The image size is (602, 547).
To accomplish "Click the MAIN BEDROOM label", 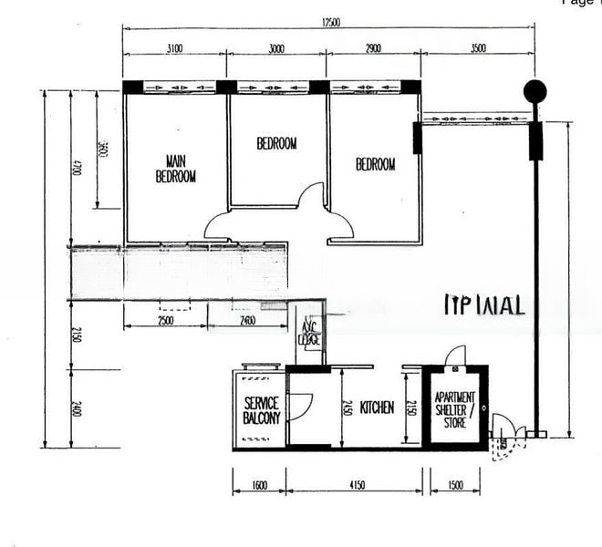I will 176,169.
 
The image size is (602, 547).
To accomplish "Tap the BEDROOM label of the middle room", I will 276,143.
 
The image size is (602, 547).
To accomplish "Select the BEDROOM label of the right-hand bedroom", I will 375,164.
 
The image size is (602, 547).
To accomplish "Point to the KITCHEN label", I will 377,408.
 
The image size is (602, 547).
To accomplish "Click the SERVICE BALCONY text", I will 261,410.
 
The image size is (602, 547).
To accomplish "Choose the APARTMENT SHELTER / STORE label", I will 454,410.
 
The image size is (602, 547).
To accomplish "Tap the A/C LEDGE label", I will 309,334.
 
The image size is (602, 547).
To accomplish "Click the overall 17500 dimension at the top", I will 329,23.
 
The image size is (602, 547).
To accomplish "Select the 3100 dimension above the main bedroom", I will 175,48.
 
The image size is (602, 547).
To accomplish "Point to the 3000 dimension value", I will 276,48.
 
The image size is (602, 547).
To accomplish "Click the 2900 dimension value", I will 373,48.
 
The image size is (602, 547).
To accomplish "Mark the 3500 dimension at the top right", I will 478,48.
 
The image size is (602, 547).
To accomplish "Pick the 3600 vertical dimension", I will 102,150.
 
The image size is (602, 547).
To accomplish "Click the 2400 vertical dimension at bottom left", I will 76,409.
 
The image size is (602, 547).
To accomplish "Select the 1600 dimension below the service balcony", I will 259,485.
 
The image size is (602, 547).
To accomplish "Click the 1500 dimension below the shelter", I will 454,485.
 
